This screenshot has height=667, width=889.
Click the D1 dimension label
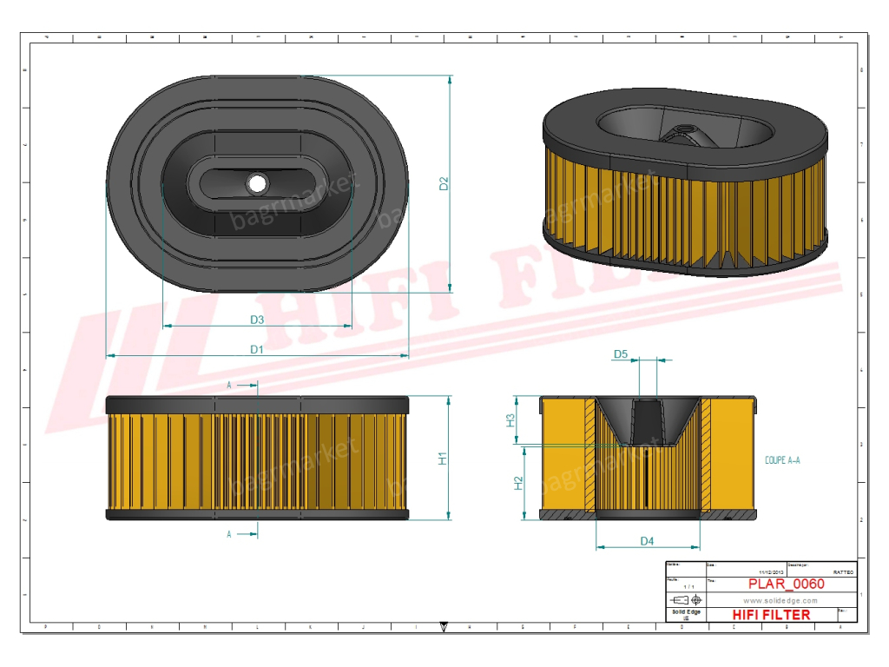(x=256, y=349)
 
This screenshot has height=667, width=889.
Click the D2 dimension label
(x=444, y=184)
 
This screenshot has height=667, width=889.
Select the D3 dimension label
(x=257, y=320)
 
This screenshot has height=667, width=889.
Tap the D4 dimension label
(x=647, y=541)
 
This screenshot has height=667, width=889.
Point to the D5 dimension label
(x=621, y=354)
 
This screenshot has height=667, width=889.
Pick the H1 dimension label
(x=443, y=459)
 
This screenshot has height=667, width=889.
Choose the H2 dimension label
(x=518, y=483)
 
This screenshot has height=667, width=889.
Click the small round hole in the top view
(x=256, y=183)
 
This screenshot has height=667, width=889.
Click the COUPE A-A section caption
(x=782, y=459)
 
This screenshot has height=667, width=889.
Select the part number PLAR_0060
(x=787, y=584)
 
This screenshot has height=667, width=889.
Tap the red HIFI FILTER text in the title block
(x=772, y=615)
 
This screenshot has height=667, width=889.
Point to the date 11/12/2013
(x=771, y=573)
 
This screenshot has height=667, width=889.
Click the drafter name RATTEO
(x=843, y=573)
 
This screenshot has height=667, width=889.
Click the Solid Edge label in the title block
(x=686, y=613)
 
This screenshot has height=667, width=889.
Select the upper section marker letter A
(x=229, y=384)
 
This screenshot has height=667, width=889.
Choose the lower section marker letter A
(x=229, y=535)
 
